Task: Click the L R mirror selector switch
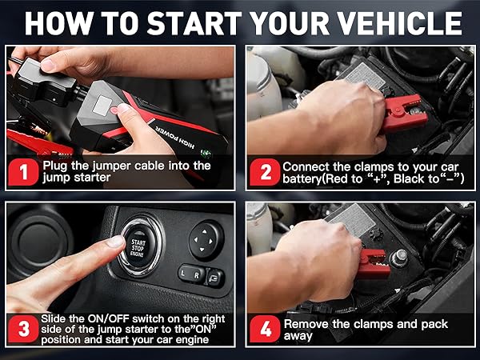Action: coord(191,274)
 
